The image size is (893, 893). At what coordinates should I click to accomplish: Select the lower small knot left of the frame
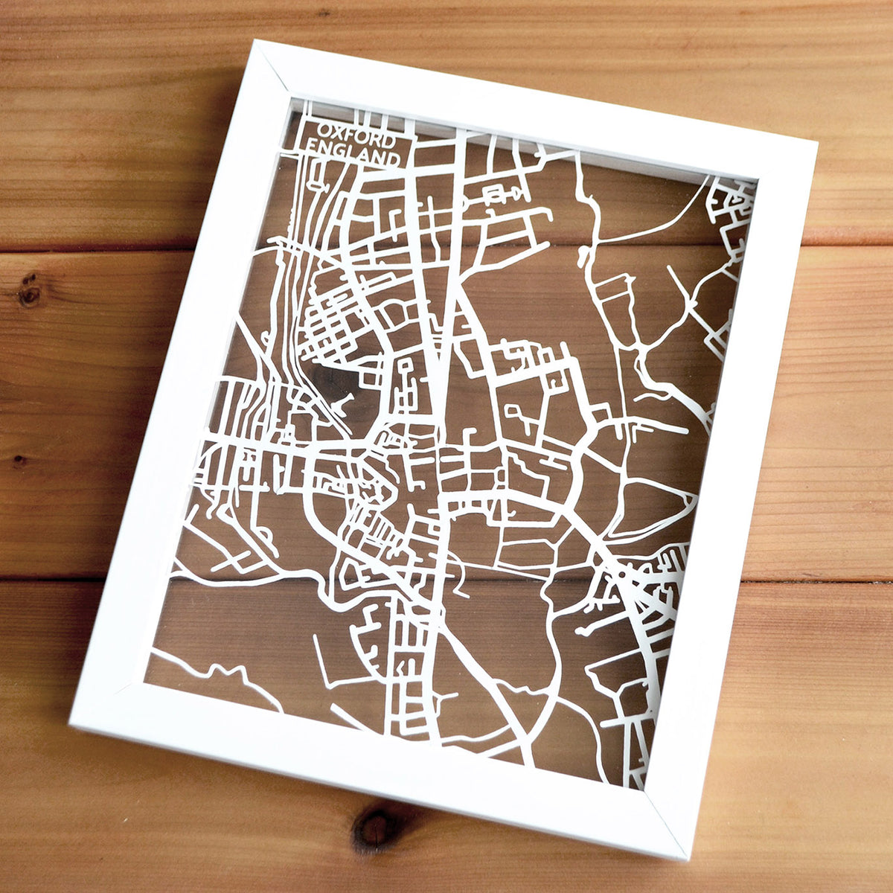pyautogui.click(x=19, y=461)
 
